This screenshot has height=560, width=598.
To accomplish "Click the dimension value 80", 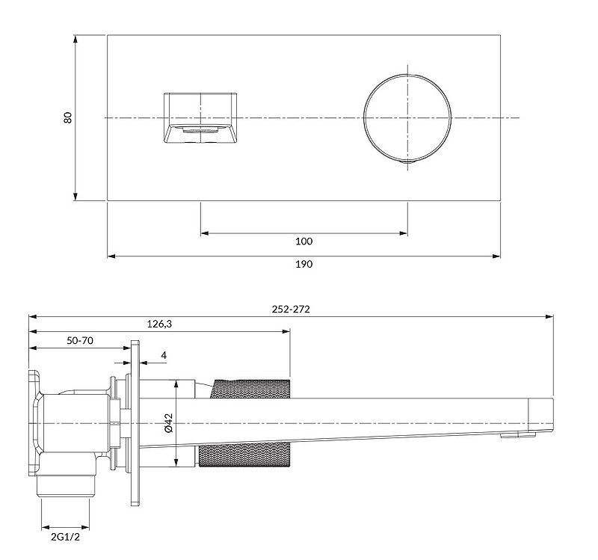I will tap(68, 117).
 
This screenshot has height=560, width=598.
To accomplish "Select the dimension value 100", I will tap(303, 241).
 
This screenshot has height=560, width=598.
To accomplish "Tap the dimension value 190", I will tap(303, 264).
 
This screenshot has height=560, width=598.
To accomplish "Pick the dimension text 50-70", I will tap(80, 340).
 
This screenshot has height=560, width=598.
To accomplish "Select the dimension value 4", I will tap(163, 357).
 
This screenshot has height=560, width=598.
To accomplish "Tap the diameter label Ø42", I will tap(168, 423).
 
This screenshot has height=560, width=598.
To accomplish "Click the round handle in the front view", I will tap(407, 117).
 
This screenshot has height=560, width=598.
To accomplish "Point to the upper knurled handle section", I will tap(252, 388).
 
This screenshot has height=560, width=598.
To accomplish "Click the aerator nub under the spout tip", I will tap(515, 436).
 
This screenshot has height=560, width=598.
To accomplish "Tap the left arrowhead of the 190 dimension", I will tap(111, 256).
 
